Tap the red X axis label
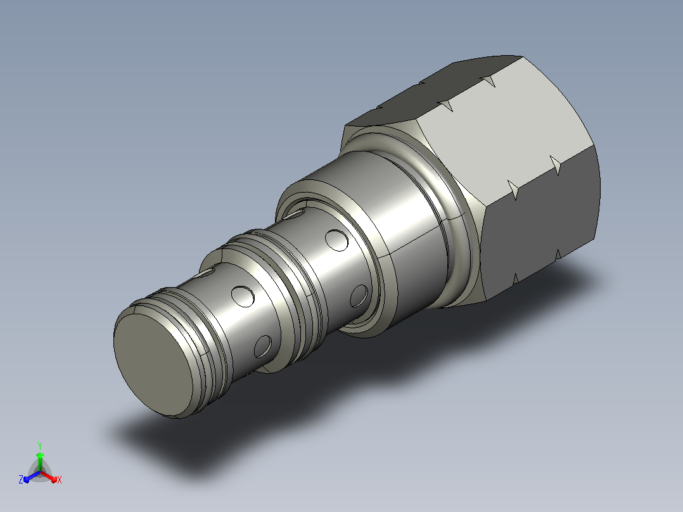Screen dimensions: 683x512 [x=60, y=480]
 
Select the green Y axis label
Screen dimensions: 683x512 [x=40, y=445]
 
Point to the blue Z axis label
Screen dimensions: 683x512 [x=21, y=479]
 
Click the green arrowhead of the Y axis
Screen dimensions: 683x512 [x=40, y=456]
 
